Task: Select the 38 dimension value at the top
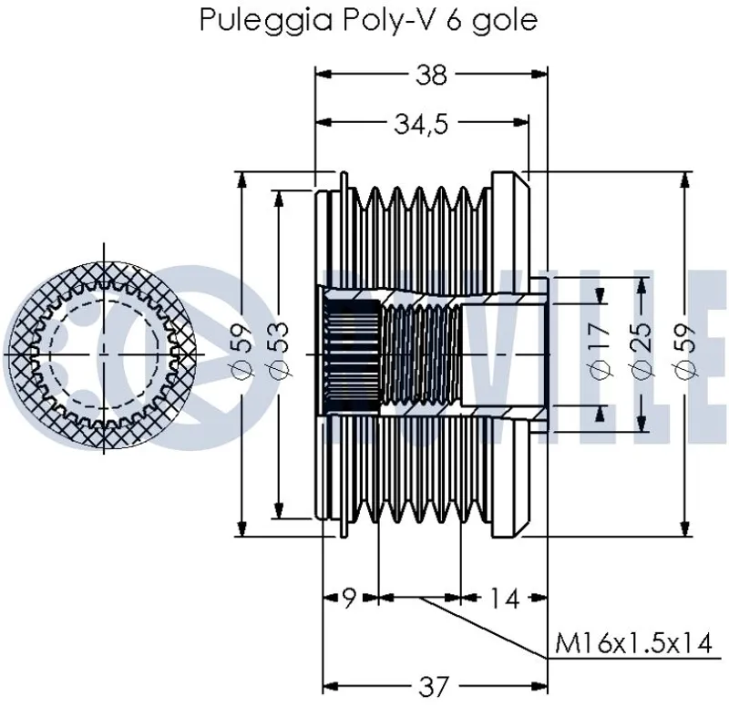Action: (x=431, y=76)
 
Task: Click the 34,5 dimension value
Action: (x=420, y=125)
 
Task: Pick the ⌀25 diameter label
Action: (x=641, y=352)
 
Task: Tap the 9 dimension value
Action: (x=349, y=599)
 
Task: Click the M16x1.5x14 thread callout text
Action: (x=632, y=643)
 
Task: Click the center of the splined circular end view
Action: (x=104, y=352)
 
